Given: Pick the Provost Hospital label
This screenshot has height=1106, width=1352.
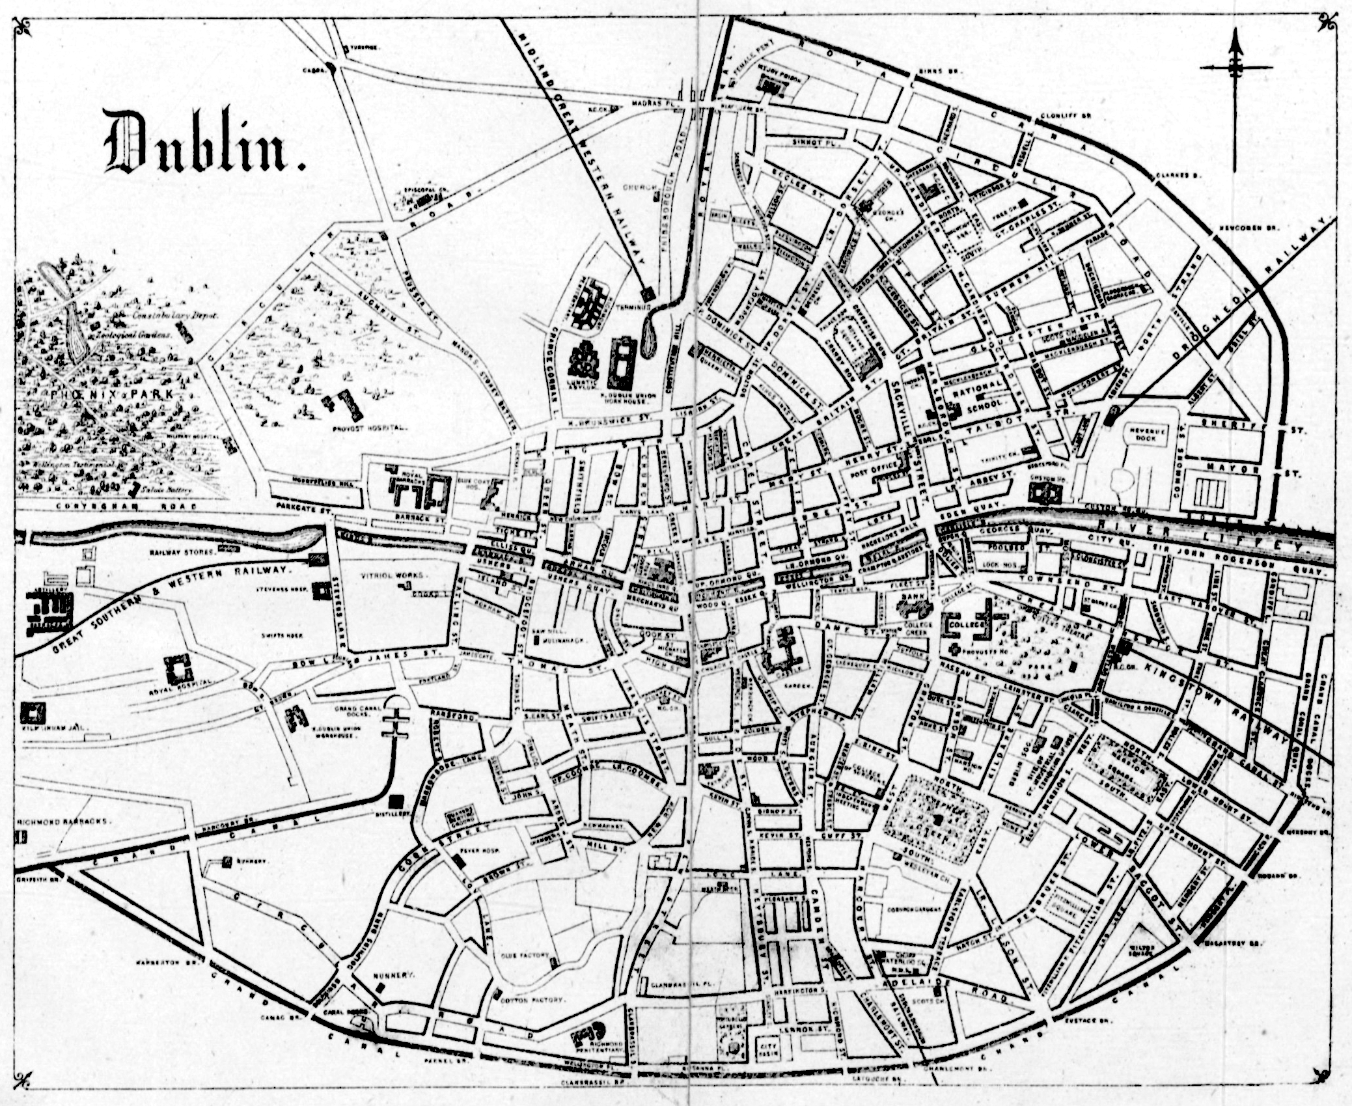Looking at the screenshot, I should pyautogui.click(x=368, y=429).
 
